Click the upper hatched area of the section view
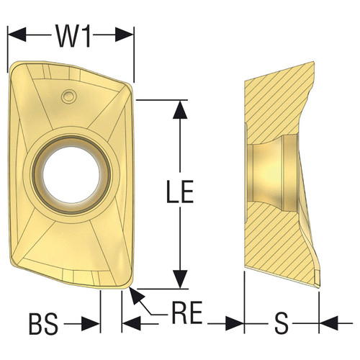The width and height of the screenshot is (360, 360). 281,94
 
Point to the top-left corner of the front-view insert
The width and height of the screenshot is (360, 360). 12,69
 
